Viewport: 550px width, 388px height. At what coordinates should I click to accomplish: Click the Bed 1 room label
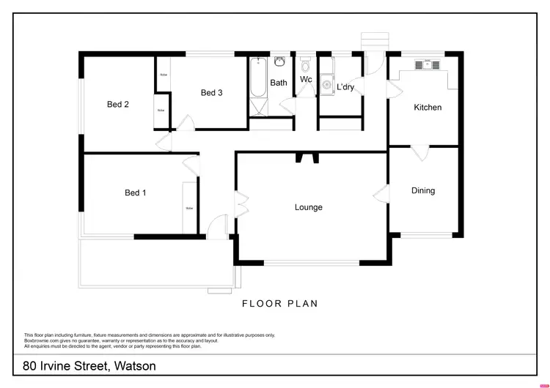tap(136, 193)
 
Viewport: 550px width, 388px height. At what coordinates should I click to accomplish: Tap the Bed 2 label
tap(118, 105)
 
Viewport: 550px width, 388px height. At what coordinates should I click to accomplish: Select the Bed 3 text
tap(211, 93)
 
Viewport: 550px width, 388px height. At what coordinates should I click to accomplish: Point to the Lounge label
tap(309, 207)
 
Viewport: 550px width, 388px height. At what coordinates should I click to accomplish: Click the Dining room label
tap(423, 191)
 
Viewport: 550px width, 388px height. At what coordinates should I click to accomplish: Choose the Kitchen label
tap(428, 108)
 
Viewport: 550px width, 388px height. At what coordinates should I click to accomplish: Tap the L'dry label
tap(345, 87)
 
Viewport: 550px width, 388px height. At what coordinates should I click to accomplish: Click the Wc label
tap(306, 80)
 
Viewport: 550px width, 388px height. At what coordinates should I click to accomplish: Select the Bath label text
tap(279, 83)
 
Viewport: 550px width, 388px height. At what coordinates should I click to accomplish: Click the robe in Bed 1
tap(189, 208)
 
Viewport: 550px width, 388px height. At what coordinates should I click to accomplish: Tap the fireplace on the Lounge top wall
tap(308, 157)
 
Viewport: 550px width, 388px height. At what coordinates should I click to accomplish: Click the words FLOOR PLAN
tap(280, 303)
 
